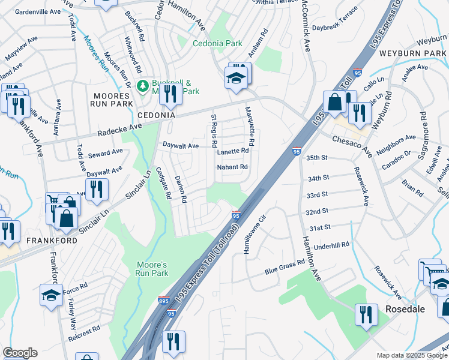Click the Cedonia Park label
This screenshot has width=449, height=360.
click(217, 43)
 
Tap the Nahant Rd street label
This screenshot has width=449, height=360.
click(232, 167)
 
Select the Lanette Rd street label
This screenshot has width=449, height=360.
click(232, 152)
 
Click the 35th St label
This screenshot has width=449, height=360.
click(318, 158)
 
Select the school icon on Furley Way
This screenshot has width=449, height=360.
click(51, 295)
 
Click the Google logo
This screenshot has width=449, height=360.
click(20, 353)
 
